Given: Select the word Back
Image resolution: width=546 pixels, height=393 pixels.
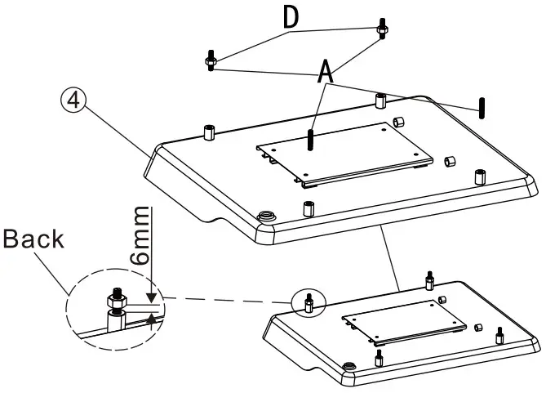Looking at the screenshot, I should coord(33,239).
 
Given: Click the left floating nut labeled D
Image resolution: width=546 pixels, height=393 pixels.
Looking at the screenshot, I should coord(210,62).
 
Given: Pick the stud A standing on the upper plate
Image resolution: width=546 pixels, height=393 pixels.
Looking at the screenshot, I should coord(312,139).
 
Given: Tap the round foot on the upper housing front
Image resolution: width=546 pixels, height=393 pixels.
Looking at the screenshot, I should coord(265,217).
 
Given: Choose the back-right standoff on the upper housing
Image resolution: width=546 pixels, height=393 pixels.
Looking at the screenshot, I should coord(380,101).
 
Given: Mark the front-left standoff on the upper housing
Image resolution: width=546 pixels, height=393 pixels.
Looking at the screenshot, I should coord(309,208).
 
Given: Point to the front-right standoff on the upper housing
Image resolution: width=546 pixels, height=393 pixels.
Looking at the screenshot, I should coord(478,176).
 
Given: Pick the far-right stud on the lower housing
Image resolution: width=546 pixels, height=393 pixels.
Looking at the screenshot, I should coord(498,333).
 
